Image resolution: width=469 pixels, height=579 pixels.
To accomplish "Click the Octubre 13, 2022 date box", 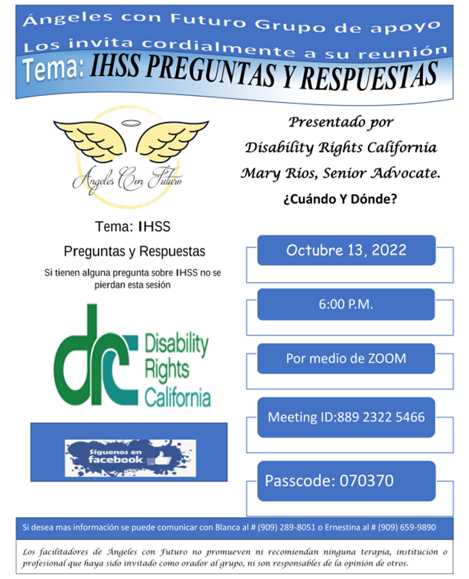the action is (x=346, y=250).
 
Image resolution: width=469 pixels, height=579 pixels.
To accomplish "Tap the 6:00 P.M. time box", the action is (x=346, y=304).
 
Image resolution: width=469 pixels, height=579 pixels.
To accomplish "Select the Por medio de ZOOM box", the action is (x=346, y=359).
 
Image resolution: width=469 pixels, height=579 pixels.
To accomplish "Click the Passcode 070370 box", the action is (x=346, y=481).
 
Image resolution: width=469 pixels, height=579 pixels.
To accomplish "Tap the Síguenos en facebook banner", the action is (x=131, y=458).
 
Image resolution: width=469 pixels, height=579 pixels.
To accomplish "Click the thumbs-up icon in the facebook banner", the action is (x=161, y=459).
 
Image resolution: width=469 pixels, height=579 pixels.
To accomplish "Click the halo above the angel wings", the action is (x=132, y=123).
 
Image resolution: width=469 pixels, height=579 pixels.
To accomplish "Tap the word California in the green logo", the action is (x=178, y=397).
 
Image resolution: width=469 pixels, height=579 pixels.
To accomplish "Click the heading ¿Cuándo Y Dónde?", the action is (x=340, y=199).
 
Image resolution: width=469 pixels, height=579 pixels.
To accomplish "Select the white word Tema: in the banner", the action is (x=54, y=68).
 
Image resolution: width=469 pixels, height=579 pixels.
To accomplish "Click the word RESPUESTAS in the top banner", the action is (x=369, y=76).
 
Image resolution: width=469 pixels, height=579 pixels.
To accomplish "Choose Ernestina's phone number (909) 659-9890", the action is (x=407, y=528).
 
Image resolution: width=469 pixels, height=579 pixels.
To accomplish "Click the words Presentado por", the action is (x=340, y=122).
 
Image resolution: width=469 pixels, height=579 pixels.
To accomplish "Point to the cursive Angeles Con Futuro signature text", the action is (x=127, y=179).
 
